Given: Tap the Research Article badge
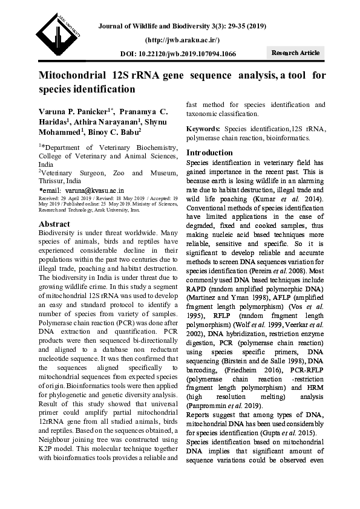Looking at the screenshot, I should [295, 53].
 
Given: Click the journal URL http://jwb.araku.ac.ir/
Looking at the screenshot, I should [182, 39].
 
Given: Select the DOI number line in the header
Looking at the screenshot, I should [178, 54].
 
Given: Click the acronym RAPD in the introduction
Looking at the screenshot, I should [198, 289].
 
